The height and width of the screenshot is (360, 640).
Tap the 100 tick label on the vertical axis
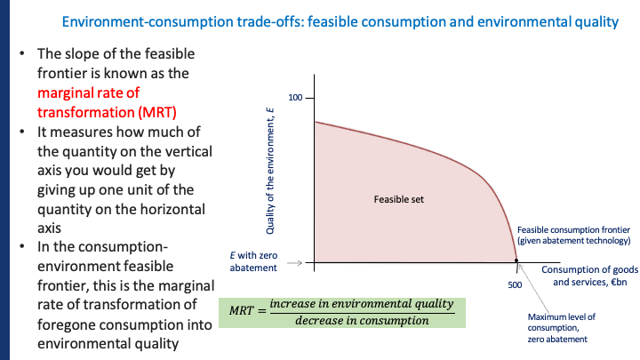click(297, 96)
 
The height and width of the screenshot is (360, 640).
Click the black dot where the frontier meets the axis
click(517, 262)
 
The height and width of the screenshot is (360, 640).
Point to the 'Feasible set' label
click(399, 199)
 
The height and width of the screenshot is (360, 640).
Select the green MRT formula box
click(341, 311)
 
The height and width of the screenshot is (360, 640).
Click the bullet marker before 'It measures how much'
click(22, 132)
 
